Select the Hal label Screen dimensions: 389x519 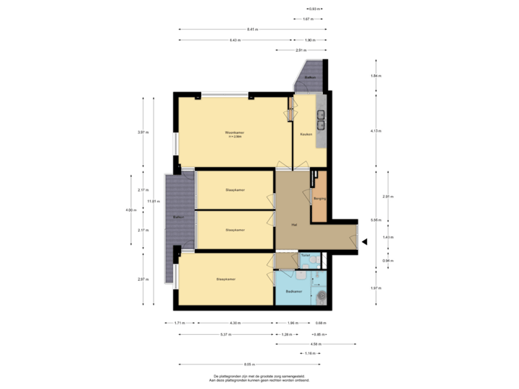click(294, 224)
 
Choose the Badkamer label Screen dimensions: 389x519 click(293, 292)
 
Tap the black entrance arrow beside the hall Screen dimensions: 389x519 click(364, 242)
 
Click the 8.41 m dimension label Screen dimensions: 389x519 click(252, 30)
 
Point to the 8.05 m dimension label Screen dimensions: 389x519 click(249, 363)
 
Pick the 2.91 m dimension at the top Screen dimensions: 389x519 click(301, 50)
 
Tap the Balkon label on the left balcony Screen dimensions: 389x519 click(179, 216)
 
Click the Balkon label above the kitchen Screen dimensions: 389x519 click(310, 76)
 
